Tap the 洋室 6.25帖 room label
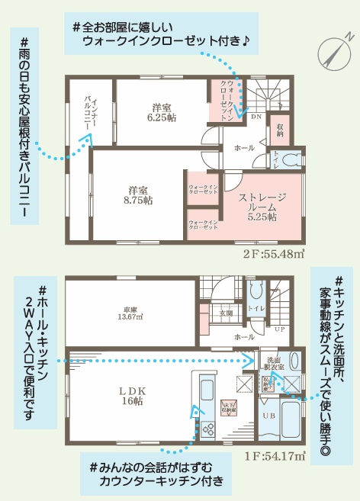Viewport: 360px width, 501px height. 162,113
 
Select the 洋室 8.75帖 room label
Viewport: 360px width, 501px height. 137,194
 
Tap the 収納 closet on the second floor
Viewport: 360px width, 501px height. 280,130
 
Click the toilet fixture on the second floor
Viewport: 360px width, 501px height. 289,161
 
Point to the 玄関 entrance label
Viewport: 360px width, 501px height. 227,313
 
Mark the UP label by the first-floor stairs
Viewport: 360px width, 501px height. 280,329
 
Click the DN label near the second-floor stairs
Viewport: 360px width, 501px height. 256,117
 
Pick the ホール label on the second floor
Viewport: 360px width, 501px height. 244,147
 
